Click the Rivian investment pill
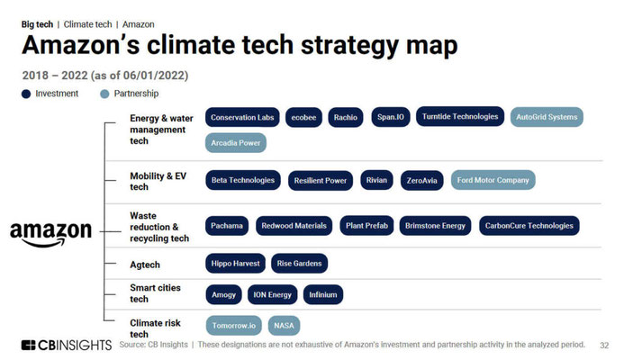pos(376,180)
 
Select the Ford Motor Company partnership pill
pos(493,180)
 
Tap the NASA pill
pos(284,326)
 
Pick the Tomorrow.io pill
pos(233,326)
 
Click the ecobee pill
pos(303,117)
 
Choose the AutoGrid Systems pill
pos(547,117)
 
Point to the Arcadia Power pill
pos(236,143)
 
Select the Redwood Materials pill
pos(294,226)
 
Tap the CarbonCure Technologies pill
pos(529,226)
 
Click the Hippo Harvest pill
pos(235,264)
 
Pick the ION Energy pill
pos(272,295)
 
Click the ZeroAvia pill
pos(421,181)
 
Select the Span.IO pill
pos(391,117)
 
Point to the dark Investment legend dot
pos(26,94)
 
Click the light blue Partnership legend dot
pos(104,94)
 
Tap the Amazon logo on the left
pos(51,234)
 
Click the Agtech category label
pos(145,265)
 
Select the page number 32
pos(604,346)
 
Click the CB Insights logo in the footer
pos(67,346)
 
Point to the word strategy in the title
pos(349,45)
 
